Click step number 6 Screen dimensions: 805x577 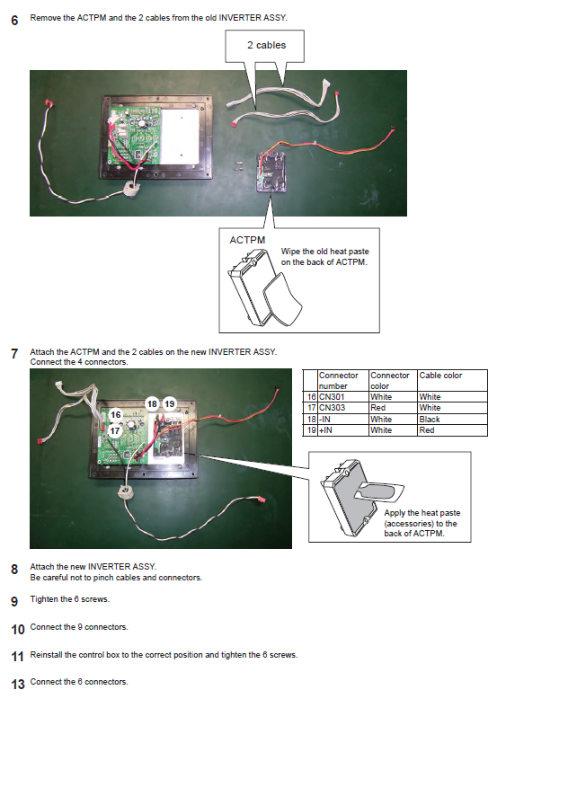(14, 20)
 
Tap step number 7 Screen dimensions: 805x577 (14, 354)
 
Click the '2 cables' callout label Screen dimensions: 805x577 (266, 45)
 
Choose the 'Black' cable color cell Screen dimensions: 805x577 (430, 420)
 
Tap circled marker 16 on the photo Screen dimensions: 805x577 (116, 415)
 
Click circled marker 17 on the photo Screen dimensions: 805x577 (114, 430)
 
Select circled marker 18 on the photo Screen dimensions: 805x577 (152, 404)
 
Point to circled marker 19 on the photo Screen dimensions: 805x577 (169, 404)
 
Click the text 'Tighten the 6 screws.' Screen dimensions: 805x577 (69, 599)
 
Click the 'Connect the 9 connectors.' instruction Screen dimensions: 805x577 (79, 627)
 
